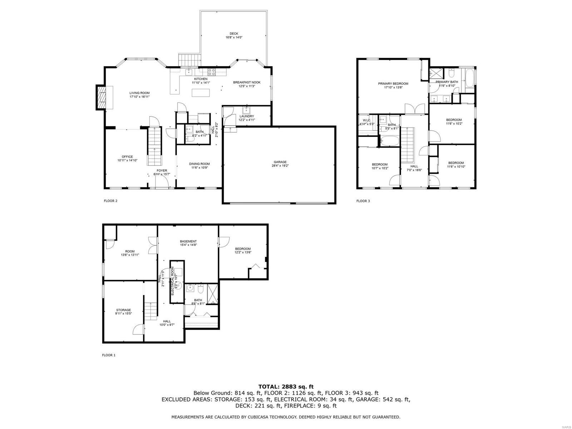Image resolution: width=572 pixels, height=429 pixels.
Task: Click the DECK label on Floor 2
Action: click(234, 34)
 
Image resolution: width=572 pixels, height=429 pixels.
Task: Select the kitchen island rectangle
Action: click(200, 93)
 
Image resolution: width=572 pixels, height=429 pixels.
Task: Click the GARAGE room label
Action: click(280, 162)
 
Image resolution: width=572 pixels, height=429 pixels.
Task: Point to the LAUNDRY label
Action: click(247, 116)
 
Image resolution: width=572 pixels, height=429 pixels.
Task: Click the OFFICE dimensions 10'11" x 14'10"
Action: click(127, 161)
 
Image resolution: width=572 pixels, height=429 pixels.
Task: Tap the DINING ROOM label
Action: click(199, 164)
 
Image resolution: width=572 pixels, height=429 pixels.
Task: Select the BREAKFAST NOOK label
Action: click(247, 82)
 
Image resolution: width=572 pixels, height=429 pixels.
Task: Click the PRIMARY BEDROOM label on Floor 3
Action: click(393, 84)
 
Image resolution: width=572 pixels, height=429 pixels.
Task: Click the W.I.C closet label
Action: click(366, 120)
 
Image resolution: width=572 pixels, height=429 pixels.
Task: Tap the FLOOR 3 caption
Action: click(363, 201)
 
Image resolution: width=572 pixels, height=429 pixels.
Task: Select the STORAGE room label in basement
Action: click(123, 310)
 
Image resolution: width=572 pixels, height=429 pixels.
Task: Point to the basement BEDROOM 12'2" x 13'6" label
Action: click(243, 249)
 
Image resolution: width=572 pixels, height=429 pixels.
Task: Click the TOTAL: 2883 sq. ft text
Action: click(286, 386)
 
